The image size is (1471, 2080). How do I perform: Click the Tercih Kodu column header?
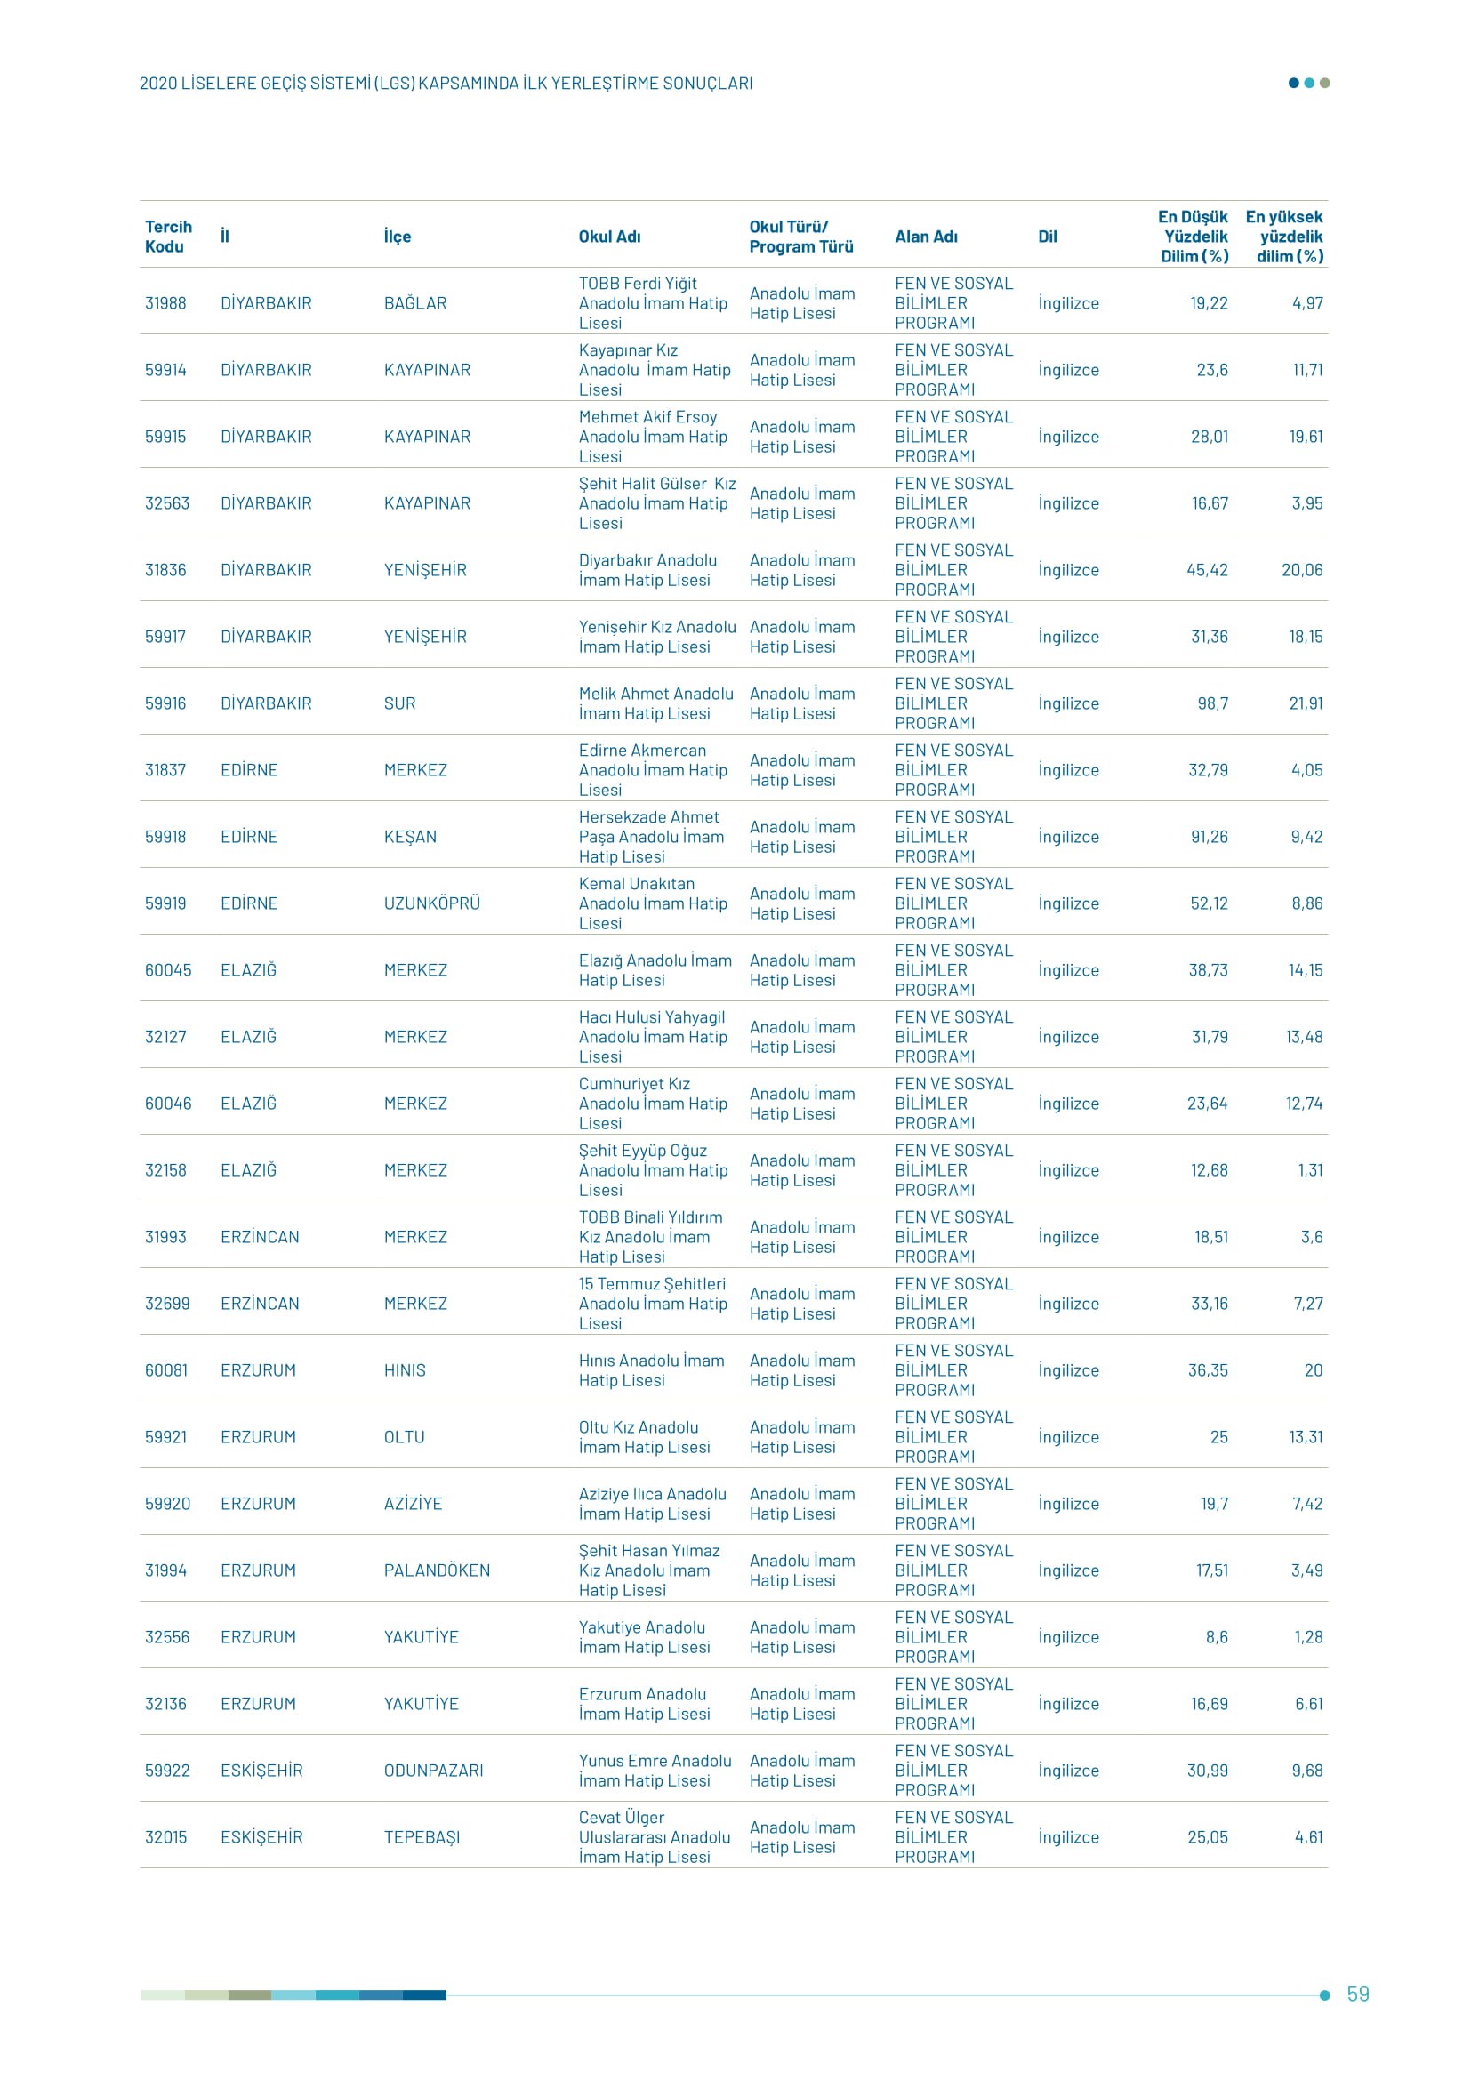click(168, 237)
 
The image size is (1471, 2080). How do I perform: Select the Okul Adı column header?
click(609, 237)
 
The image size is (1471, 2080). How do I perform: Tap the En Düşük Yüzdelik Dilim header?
click(1194, 237)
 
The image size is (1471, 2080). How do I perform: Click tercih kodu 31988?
click(165, 303)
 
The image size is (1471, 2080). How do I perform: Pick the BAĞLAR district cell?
click(414, 303)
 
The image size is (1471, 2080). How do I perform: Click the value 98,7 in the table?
click(1210, 704)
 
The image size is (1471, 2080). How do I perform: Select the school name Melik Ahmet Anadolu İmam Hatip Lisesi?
click(655, 704)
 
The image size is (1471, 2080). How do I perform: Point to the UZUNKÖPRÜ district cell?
click(432, 904)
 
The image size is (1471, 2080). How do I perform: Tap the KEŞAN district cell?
click(410, 837)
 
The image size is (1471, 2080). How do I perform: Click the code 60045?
click(168, 970)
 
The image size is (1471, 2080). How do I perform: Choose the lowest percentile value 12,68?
click(1209, 1170)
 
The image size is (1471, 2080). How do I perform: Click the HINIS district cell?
click(405, 1370)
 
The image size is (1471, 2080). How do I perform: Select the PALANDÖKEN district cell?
click(437, 1570)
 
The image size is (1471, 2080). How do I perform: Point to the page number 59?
click(1358, 1994)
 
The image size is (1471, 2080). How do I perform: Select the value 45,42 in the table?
click(1208, 571)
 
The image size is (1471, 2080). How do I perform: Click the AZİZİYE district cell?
click(413, 1504)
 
